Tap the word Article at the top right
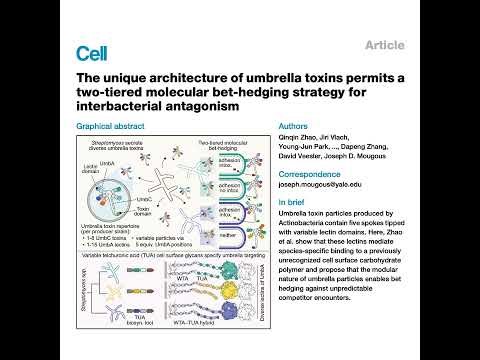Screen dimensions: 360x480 click(385, 46)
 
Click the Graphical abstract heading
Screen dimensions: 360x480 click(111, 127)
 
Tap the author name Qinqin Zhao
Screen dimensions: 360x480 click(304, 139)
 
